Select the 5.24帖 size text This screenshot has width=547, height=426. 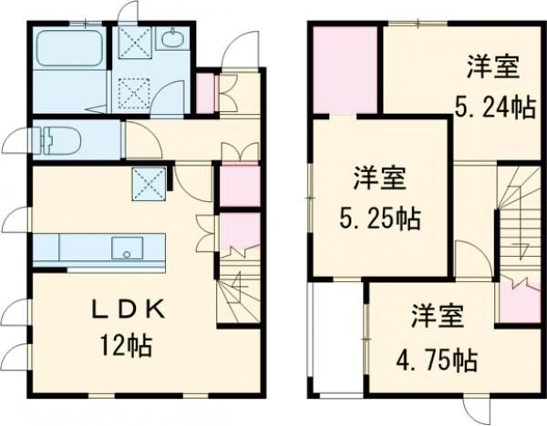click(x=494, y=107)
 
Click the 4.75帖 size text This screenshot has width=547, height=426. click(x=436, y=360)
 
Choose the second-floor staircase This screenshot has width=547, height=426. click(x=517, y=218)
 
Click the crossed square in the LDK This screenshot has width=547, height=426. click(x=148, y=182)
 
